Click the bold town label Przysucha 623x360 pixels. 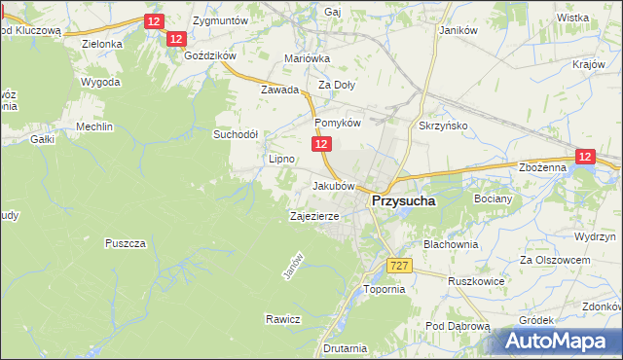pos(402,201)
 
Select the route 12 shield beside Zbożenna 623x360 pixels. pos(584,156)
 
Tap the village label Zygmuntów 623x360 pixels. pos(220,19)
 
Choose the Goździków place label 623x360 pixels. pos(207,56)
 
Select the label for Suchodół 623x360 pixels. pos(235,135)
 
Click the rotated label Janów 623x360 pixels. pos(288,269)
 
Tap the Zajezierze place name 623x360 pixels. pos(314,216)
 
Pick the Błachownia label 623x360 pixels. pos(449,244)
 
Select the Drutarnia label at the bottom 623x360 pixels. pos(347,347)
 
